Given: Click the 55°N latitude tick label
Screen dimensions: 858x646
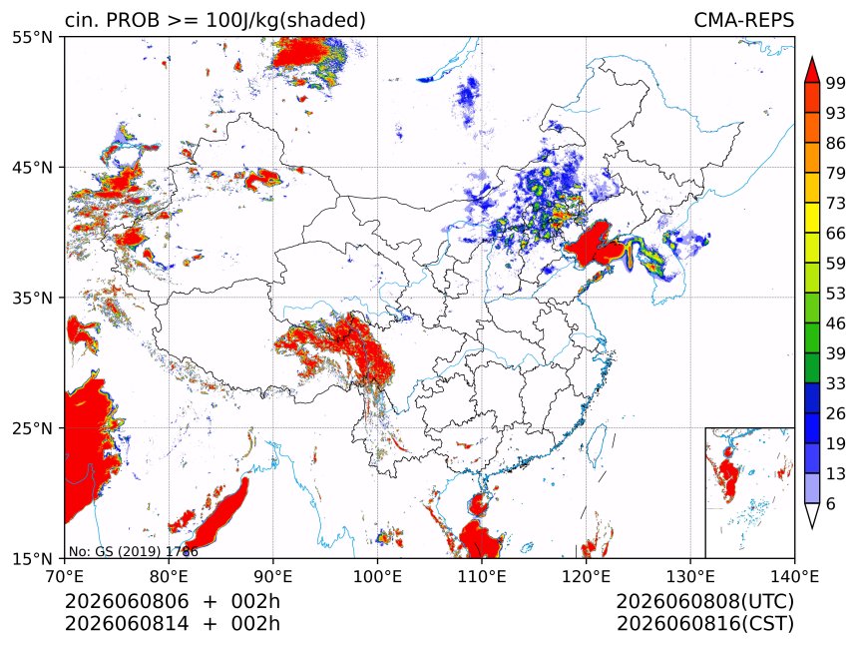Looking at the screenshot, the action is (x=32, y=37).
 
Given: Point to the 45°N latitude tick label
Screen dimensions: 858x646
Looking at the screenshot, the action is (x=32, y=167).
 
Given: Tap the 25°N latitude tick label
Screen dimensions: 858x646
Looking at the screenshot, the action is (x=32, y=427).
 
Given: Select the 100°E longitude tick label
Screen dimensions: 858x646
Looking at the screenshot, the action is (x=377, y=576).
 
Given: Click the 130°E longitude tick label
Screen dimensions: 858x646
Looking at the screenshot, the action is (x=690, y=576).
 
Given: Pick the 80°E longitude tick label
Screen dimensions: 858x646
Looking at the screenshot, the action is (x=169, y=576).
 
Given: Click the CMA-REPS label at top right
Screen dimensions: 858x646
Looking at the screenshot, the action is (x=743, y=20).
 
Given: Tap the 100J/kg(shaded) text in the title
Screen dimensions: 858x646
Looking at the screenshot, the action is (x=285, y=21).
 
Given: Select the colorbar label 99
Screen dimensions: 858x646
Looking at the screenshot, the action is (x=836, y=83).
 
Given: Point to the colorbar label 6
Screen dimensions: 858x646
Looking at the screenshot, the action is (x=831, y=503).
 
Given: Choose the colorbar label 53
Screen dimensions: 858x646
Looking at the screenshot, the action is (x=836, y=294).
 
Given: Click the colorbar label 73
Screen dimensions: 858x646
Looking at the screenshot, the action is (x=836, y=204).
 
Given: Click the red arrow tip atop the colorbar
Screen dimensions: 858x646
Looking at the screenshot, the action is (x=811, y=58).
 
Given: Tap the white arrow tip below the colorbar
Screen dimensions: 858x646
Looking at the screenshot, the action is (x=811, y=528).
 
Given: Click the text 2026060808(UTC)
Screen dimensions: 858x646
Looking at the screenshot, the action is (x=704, y=602).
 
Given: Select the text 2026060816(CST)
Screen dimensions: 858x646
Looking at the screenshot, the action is (x=704, y=624).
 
